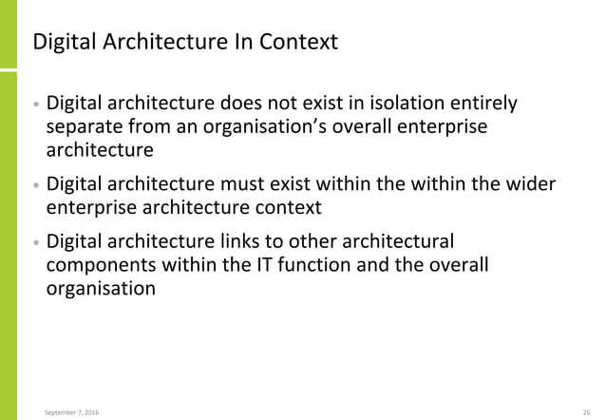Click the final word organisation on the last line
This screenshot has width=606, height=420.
pos(101,288)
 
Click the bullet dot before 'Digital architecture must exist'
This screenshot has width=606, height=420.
pos(36,185)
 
